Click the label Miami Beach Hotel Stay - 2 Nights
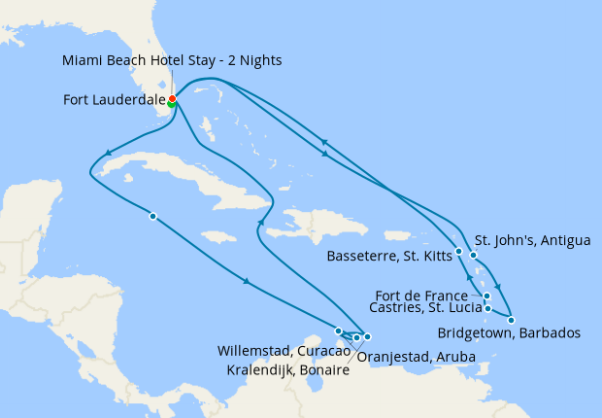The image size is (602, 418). [172, 60]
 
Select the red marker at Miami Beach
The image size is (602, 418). [172, 98]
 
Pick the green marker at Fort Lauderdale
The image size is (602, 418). [172, 104]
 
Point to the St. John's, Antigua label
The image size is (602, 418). [531, 240]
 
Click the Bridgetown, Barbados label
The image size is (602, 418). [509, 332]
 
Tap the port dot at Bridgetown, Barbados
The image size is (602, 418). [511, 320]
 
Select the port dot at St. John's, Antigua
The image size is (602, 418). [474, 255]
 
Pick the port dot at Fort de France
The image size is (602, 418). [486, 296]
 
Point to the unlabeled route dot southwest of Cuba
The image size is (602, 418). [152, 216]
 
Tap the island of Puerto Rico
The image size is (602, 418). [397, 234]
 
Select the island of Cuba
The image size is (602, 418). [194, 181]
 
